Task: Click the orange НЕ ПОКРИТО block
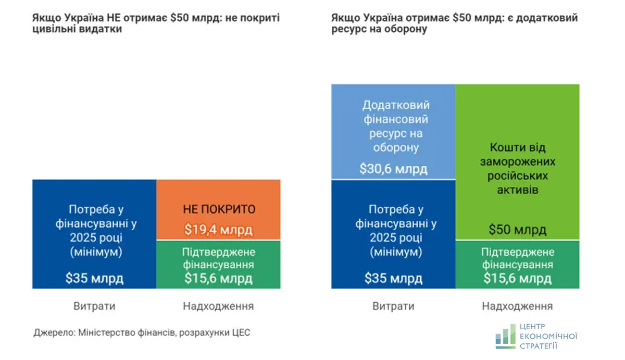[x=218, y=209]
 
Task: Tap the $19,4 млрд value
[x=218, y=229]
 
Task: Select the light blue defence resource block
[x=393, y=131]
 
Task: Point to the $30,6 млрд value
[x=393, y=169]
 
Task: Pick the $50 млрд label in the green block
[x=517, y=230]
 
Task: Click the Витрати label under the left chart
[x=94, y=306]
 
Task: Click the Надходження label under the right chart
[x=517, y=306]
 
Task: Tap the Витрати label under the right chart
[x=393, y=306]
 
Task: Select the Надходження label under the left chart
[x=218, y=306]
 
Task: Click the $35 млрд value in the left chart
[x=94, y=278]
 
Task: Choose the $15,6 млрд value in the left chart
[x=218, y=278]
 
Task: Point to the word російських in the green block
[x=517, y=176]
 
